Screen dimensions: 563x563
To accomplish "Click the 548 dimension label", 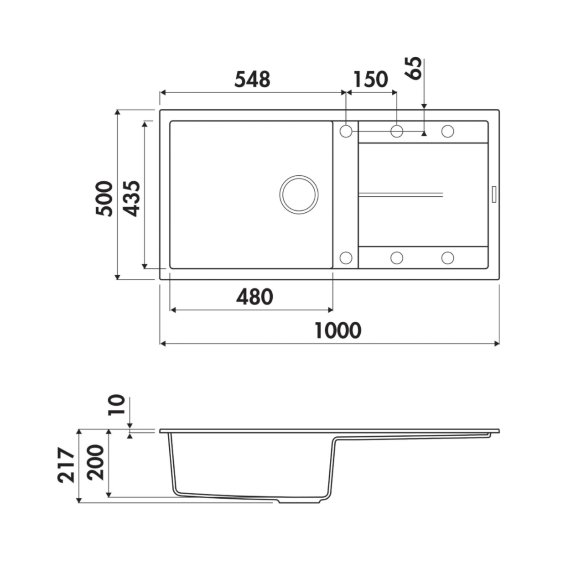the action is [253, 80].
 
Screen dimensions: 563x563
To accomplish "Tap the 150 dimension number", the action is [371, 80].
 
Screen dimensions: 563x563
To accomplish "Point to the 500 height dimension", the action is [104, 199].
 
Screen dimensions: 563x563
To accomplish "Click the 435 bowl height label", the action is [131, 199].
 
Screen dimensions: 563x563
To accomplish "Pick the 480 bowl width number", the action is [255, 297].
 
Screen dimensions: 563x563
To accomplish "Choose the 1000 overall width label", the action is [338, 331].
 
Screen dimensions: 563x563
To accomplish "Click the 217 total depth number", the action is [66, 464].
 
